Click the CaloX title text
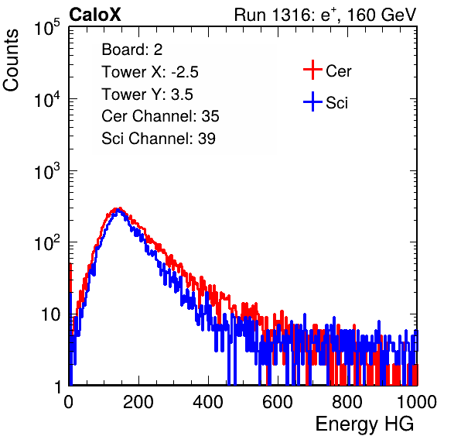coord(94,15)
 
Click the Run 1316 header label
coord(272,15)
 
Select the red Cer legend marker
coord(312,70)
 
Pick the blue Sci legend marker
coord(312,101)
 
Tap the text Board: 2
coord(132,50)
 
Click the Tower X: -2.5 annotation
coord(150,72)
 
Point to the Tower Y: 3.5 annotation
coord(147,94)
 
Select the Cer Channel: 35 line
coord(160,116)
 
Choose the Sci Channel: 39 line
coord(159,139)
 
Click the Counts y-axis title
coord(11,60)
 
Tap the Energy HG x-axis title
coord(364,424)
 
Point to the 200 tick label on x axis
coord(138,402)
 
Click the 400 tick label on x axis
coord(208,402)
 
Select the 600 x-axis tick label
coord(278,402)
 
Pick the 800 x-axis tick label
coord(347,402)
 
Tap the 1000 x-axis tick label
coord(417,402)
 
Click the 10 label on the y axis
coord(51,314)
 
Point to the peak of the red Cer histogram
coord(119,208)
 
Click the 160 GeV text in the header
coord(381,15)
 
